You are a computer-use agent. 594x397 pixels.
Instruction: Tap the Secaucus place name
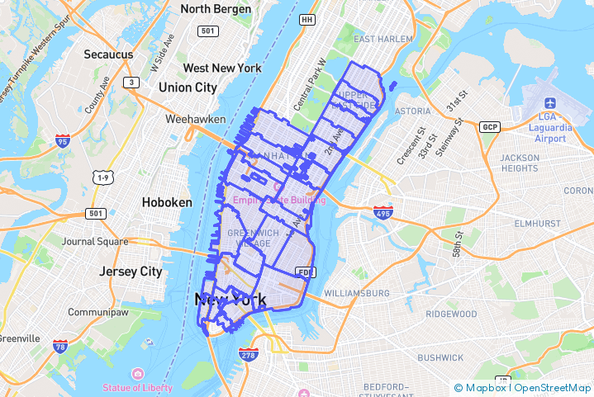tap(108, 54)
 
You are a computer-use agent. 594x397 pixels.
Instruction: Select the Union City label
tap(188, 87)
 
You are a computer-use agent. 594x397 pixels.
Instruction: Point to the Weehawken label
tap(195, 119)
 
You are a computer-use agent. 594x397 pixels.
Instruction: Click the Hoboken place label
tap(167, 202)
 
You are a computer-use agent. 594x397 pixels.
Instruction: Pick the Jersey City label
tap(131, 272)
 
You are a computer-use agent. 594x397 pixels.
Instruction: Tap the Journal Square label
tap(97, 242)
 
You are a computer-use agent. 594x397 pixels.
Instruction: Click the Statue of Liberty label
tap(138, 387)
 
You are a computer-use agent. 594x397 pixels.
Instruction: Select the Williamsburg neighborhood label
tap(357, 293)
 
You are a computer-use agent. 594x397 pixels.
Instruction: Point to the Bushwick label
tap(440, 357)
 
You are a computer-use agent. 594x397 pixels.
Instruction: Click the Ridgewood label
tap(451, 314)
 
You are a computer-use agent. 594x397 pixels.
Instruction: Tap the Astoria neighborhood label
tap(413, 111)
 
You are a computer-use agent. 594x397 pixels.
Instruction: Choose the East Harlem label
tap(382, 39)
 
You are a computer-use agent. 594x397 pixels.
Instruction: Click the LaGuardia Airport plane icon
tap(550, 102)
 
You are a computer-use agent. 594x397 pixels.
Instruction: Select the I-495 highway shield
tap(382, 212)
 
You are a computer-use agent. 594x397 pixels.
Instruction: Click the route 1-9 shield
tap(102, 177)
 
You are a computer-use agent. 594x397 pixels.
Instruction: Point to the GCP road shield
tap(490, 126)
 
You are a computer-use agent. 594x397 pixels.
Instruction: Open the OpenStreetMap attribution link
tap(553, 388)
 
